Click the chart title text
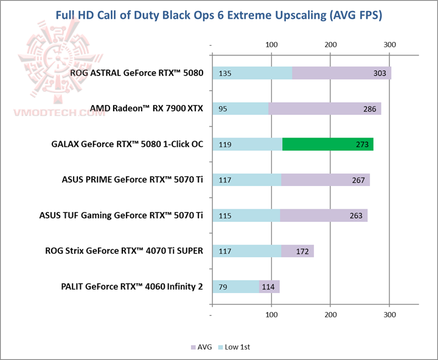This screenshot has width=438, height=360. [218, 15]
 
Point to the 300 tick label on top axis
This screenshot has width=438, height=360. [389, 45]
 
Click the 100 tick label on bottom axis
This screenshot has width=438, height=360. [272, 316]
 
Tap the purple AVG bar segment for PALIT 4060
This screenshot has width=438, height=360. [269, 286]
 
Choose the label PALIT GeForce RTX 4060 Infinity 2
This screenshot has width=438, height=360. [132, 286]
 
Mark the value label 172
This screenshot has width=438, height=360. [303, 251]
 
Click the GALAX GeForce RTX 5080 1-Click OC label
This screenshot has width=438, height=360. [127, 145]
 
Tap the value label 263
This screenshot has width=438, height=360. [356, 216]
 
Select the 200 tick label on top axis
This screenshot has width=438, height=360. [330, 45]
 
